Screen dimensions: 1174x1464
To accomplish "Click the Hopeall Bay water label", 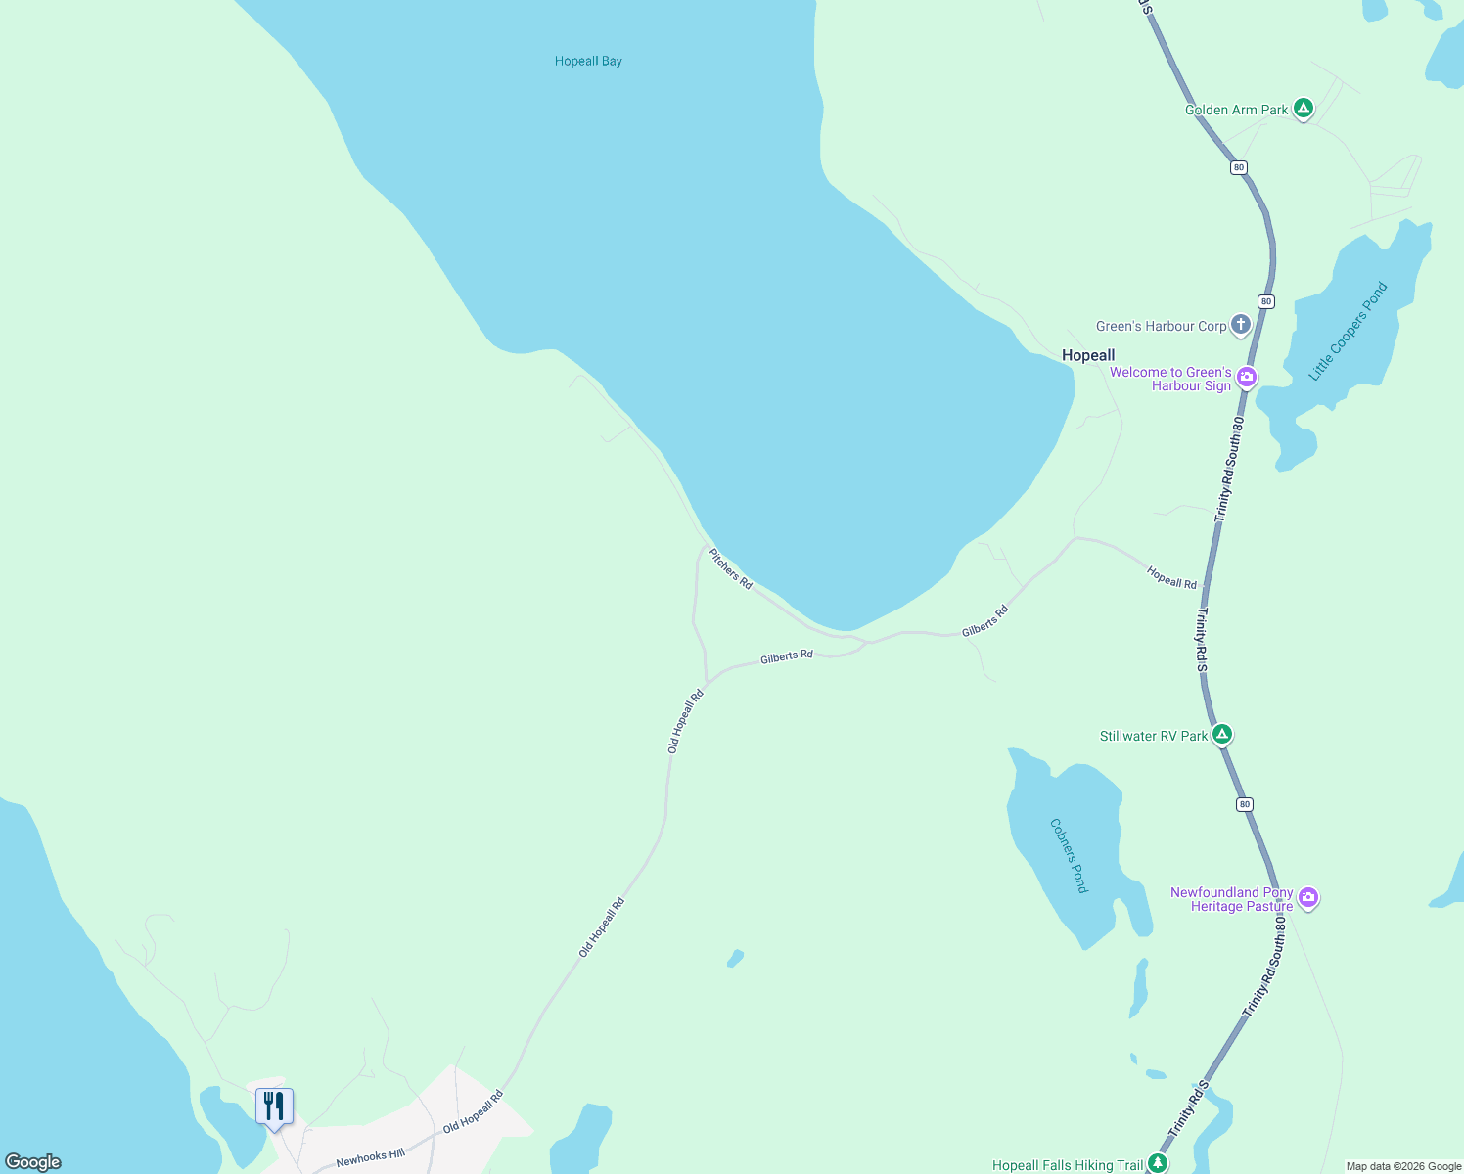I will point(588,61).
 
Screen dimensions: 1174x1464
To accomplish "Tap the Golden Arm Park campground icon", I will point(1303,109).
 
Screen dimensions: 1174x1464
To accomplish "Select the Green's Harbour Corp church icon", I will point(1240,325).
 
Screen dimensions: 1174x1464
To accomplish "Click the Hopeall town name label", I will point(1088,355).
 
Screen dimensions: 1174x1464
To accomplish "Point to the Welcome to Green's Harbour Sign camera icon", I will point(1246,378).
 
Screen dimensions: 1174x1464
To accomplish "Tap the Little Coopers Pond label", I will point(1349,332).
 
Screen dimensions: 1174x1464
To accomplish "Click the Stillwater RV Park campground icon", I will point(1221,735).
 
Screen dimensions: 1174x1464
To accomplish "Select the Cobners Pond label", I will point(1069,855).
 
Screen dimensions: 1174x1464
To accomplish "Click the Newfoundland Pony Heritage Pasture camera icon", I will point(1308,898).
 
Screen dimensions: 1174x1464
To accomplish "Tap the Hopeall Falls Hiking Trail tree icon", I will point(1158,1163).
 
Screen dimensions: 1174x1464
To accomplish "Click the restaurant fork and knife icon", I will point(274,1106).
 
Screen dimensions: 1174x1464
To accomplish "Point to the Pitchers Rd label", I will point(731,568).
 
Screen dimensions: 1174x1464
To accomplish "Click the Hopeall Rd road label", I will point(1171,578).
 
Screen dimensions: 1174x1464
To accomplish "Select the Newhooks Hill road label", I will point(370,1158).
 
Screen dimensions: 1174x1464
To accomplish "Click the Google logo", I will point(32,1162).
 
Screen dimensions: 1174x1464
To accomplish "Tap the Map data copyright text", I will point(1402,1166).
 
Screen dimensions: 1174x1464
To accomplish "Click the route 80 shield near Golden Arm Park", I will point(1239,167).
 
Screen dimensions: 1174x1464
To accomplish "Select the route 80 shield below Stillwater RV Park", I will point(1244,804).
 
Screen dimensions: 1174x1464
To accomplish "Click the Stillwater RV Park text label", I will point(1154,736).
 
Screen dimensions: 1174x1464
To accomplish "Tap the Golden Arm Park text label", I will point(1236,110).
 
